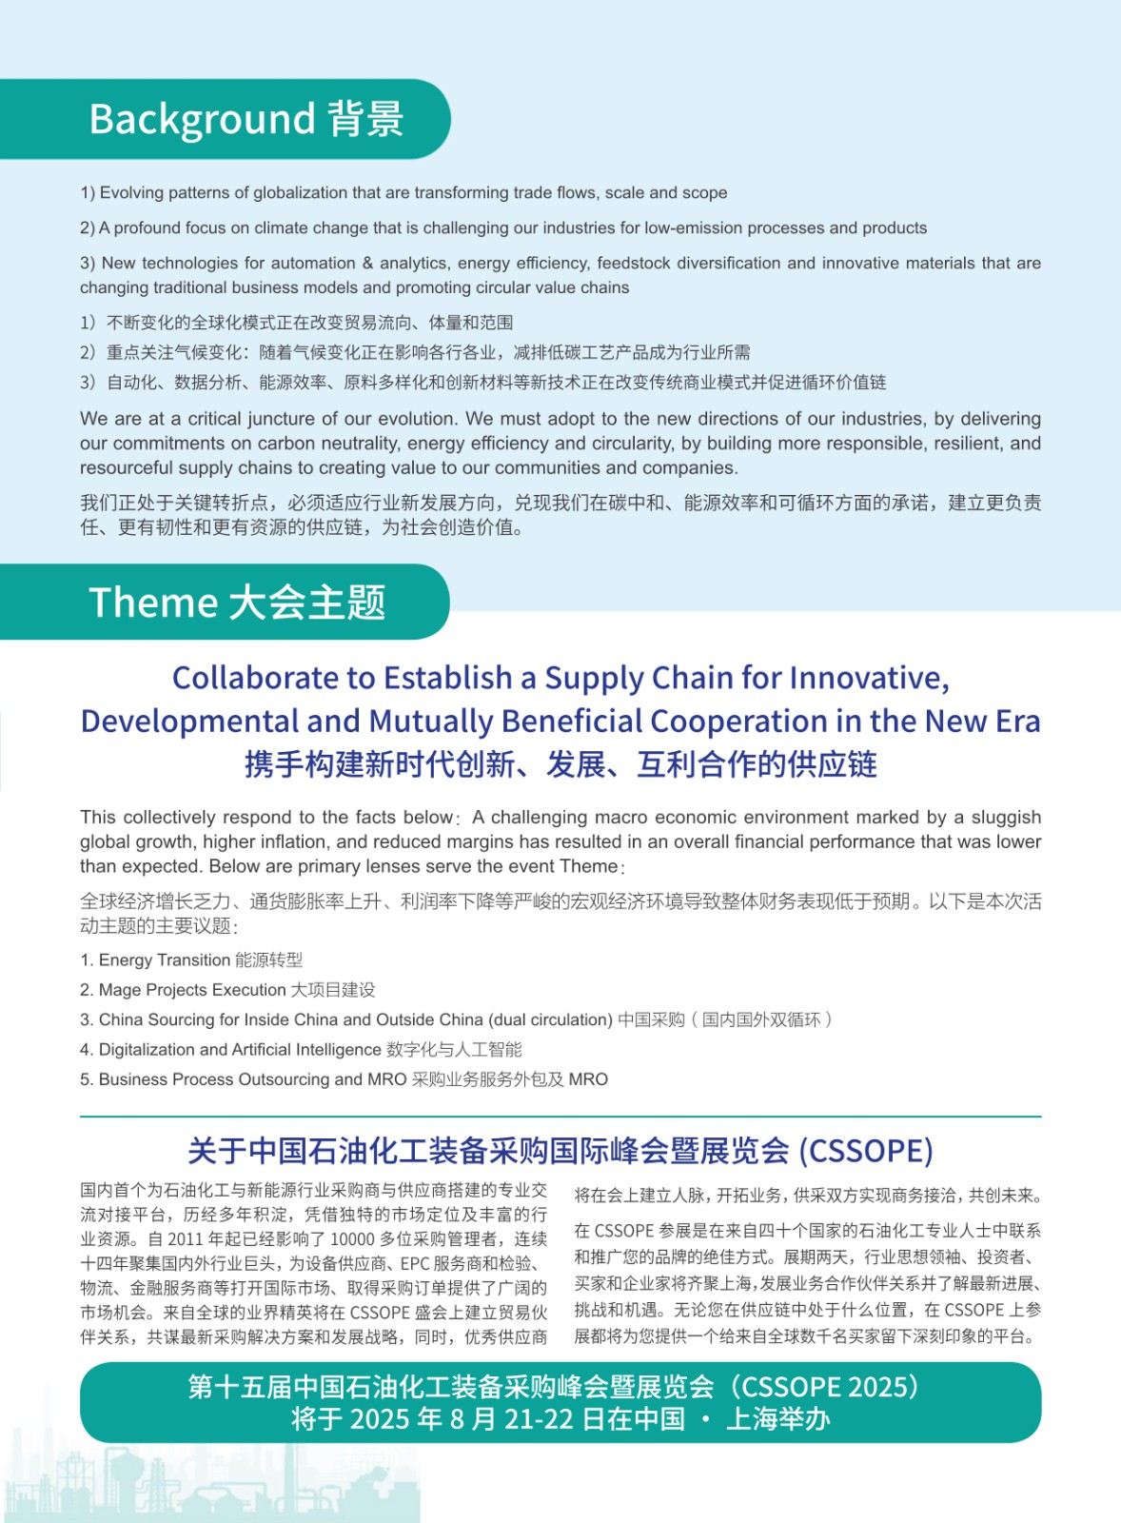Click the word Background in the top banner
click(202, 120)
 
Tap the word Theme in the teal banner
click(153, 603)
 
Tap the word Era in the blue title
click(1017, 722)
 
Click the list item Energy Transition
click(165, 960)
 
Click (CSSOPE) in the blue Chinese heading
click(865, 1151)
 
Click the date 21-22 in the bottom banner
click(539, 1419)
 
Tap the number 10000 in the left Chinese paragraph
click(351, 1239)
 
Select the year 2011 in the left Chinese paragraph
click(194, 1239)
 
